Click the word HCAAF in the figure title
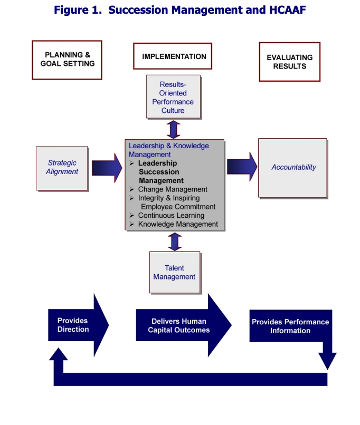[x=287, y=10]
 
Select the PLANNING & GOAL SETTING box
[x=67, y=60]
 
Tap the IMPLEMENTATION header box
[x=173, y=56]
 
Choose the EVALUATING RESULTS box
[x=290, y=62]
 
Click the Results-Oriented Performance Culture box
[x=174, y=97]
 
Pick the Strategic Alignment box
[x=62, y=168]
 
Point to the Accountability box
[x=293, y=168]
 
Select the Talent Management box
[x=175, y=273]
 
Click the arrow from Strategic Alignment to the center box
[x=107, y=168]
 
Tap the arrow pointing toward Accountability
[x=242, y=167]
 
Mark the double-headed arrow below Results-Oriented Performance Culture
[x=173, y=130]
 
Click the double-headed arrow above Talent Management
[x=175, y=242]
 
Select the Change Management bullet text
[x=173, y=189]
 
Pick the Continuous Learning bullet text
[x=171, y=216]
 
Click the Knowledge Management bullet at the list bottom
[x=178, y=224]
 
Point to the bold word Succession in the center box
[x=159, y=172]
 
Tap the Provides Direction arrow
[x=79, y=325]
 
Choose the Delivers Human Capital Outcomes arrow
[x=184, y=325]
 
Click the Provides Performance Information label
[x=290, y=326]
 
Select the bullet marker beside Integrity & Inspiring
[x=132, y=198]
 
